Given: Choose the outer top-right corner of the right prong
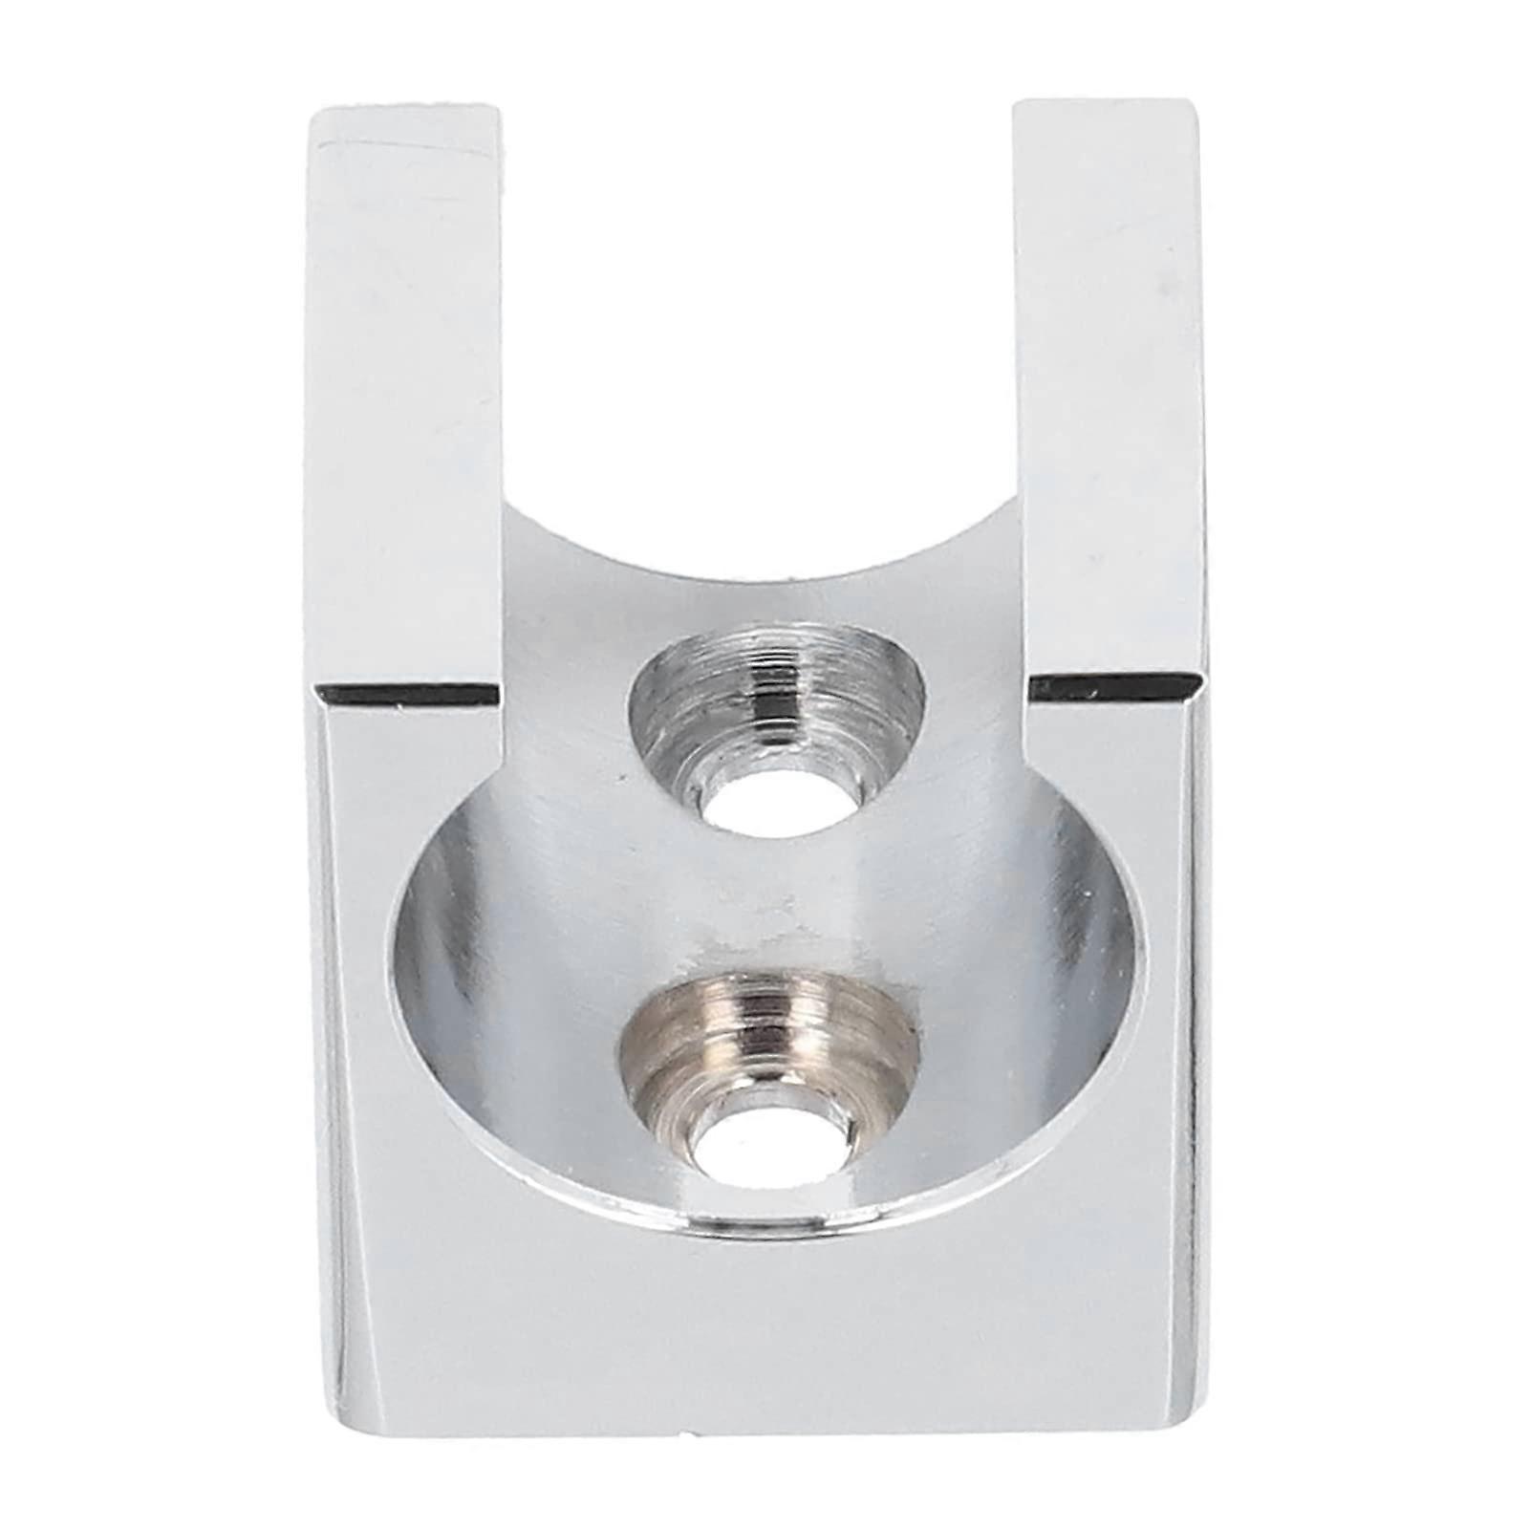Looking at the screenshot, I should [1198, 103].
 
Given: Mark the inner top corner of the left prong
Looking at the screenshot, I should [498, 107].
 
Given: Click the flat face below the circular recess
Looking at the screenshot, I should [765, 1338].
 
